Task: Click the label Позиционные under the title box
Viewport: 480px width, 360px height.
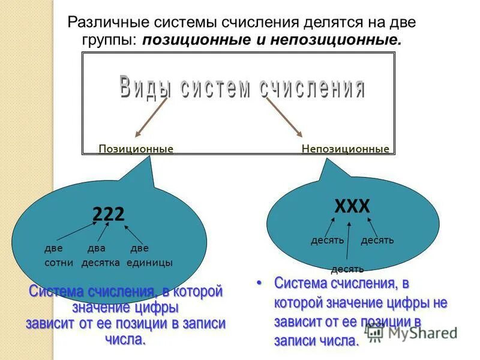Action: tap(136, 149)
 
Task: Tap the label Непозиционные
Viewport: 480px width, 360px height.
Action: tap(345, 149)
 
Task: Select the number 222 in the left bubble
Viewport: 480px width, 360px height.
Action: tap(109, 214)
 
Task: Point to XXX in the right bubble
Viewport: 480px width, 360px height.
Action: tap(352, 207)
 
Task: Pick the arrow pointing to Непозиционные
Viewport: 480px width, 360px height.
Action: tap(283, 116)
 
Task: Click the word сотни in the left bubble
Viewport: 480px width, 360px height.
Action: tap(59, 263)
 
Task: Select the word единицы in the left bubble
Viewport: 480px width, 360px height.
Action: tap(149, 263)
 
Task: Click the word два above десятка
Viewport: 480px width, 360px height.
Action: tap(96, 248)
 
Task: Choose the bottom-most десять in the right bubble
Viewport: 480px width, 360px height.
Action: tap(347, 269)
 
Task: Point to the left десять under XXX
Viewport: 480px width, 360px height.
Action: tap(327, 241)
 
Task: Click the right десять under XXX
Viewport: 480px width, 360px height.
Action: tap(377, 241)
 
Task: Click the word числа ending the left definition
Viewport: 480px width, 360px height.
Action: tap(125, 340)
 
